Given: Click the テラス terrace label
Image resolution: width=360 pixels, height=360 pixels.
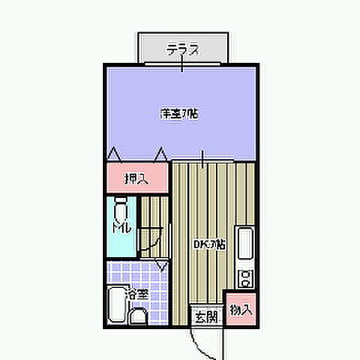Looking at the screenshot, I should coord(182,50).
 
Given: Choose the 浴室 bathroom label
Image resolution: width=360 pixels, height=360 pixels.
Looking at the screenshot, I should coord(136,294).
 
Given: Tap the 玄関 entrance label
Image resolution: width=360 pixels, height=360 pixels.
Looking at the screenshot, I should coord(206,316).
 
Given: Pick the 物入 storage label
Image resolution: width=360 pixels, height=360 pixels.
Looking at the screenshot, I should coord(240,308).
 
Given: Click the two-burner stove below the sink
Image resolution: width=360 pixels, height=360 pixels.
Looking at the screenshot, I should coord(244,277).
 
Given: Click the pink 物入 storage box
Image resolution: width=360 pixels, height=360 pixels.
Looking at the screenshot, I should coord(241,308).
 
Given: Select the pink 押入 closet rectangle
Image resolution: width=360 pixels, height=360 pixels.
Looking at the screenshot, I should coord(136,178).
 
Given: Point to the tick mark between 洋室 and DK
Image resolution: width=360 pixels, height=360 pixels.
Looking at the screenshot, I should coord(202,158).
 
